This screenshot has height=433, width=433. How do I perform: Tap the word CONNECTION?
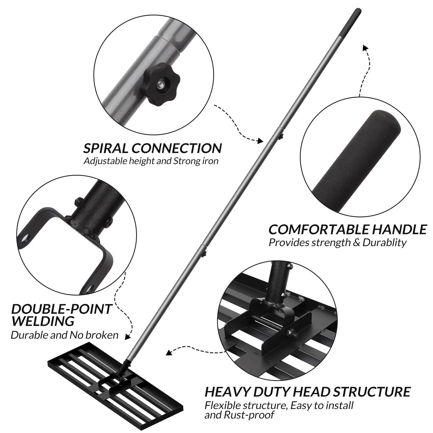[176, 148]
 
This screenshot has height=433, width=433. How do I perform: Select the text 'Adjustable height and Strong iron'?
[151, 161]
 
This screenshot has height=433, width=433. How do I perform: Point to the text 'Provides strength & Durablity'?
[337, 242]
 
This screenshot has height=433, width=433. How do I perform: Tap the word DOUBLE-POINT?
[61, 309]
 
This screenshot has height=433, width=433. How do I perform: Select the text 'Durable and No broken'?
[64, 335]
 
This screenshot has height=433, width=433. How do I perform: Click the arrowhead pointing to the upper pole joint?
[260, 140]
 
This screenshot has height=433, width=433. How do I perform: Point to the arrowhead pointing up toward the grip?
[365, 48]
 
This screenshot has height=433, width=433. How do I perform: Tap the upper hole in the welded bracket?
[25, 238]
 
